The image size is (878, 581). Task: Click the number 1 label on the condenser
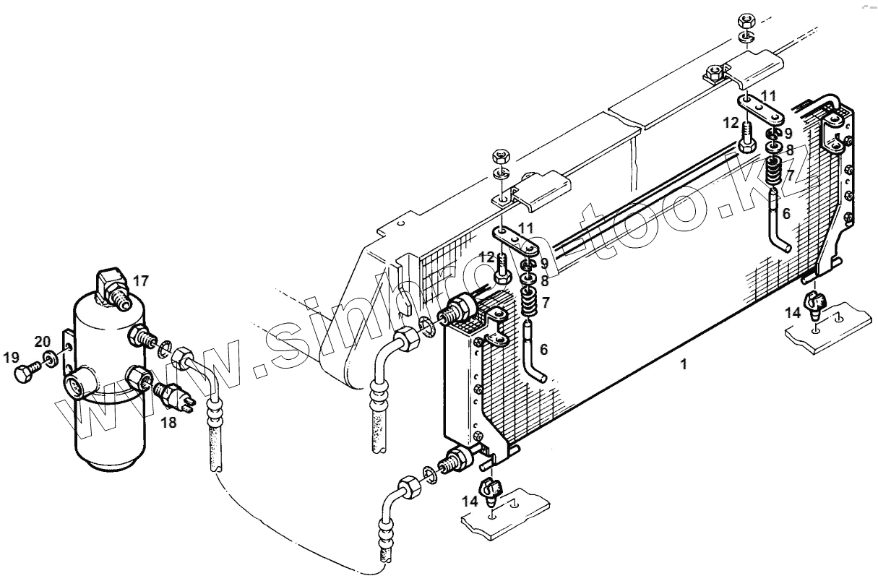tap(683, 365)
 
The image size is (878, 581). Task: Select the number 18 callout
tap(168, 423)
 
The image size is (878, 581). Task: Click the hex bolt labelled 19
tap(24, 374)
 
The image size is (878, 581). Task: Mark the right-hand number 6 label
tap(786, 214)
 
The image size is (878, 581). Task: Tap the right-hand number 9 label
tap(788, 133)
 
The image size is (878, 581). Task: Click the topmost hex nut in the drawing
tap(746, 18)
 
